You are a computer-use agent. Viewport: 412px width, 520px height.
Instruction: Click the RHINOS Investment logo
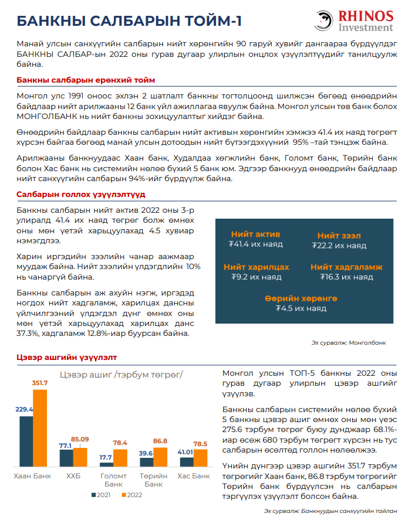click(x=354, y=21)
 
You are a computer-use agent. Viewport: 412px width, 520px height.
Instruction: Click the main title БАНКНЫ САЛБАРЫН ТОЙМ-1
click(x=129, y=22)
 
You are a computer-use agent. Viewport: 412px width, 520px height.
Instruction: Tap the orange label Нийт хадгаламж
click(x=346, y=267)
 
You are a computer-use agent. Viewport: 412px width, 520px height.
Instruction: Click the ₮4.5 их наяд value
click(x=300, y=308)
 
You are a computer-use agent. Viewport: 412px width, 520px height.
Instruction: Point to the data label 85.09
click(x=80, y=439)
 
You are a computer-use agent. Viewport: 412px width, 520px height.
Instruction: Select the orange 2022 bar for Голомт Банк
click(x=120, y=458)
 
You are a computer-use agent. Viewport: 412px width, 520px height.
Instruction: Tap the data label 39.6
click(x=146, y=453)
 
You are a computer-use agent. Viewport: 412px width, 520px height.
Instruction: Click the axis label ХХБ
click(x=73, y=475)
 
